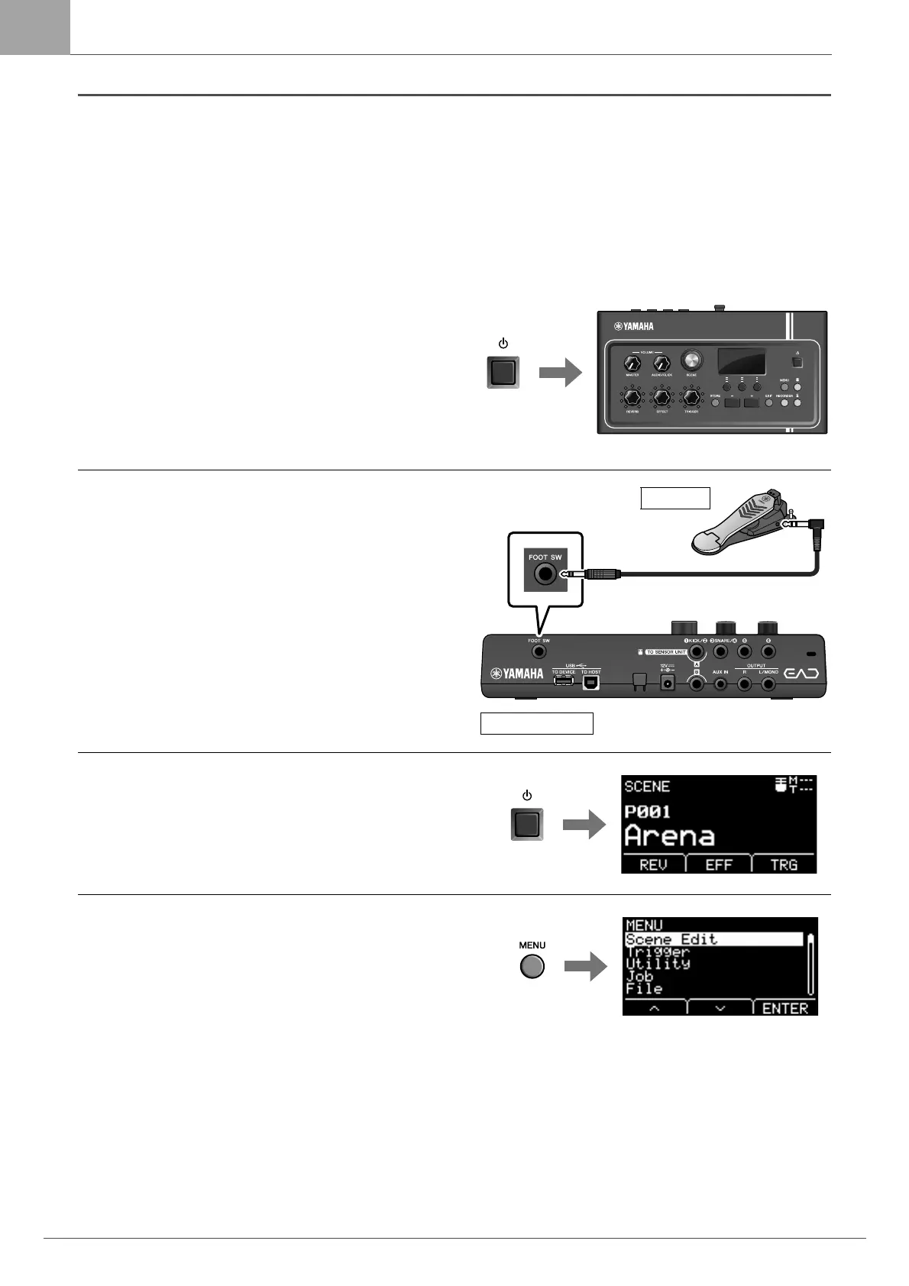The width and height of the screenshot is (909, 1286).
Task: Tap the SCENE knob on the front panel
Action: tap(692, 360)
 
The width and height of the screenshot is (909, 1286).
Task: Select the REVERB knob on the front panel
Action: tap(632, 398)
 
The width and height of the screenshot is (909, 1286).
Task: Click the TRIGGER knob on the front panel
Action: tap(691, 398)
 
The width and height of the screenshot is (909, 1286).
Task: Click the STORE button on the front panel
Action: tap(716, 402)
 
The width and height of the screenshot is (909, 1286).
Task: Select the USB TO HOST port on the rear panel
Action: tap(591, 682)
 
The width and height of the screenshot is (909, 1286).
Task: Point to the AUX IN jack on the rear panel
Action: tap(720, 684)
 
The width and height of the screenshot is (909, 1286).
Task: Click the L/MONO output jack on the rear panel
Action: tap(768, 684)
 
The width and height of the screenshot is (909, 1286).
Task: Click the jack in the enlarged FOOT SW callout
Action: tap(545, 574)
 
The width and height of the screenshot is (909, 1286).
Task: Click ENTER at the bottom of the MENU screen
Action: tap(785, 1008)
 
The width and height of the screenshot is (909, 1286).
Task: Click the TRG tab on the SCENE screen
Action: tap(784, 864)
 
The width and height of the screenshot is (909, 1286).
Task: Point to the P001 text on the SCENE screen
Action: tap(647, 811)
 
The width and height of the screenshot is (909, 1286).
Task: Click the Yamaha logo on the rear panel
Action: tap(517, 674)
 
